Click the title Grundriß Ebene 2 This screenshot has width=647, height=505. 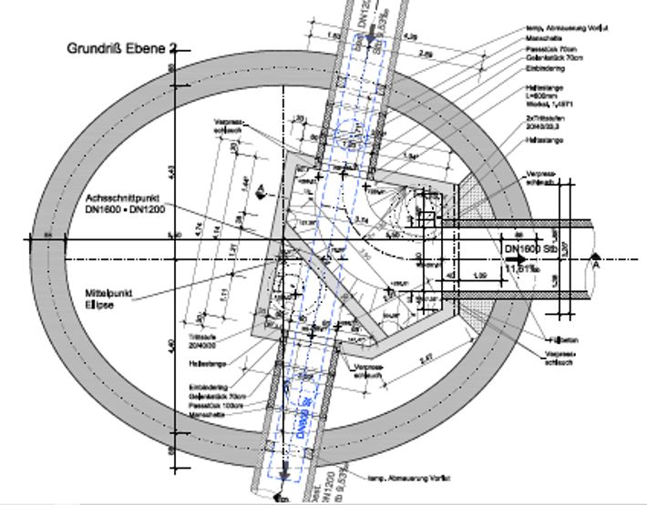(119, 47)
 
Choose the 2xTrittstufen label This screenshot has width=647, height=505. (541, 121)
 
